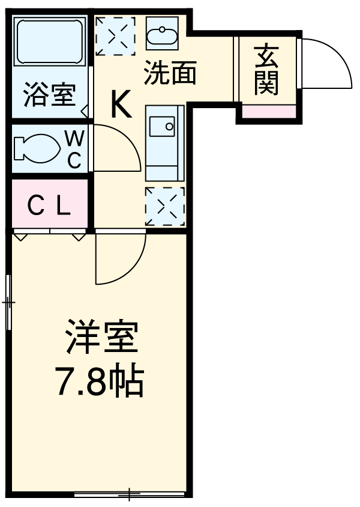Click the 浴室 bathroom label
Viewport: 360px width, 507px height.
tap(49, 96)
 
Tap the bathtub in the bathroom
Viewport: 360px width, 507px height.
tap(50, 41)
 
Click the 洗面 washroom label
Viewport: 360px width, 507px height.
tap(170, 73)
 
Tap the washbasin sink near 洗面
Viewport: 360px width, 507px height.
tap(162, 35)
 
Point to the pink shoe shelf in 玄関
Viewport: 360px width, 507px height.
tap(268, 111)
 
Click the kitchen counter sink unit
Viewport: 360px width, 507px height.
tap(164, 142)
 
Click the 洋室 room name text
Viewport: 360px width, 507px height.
tap(102, 339)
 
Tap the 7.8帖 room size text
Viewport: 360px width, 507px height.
tap(100, 380)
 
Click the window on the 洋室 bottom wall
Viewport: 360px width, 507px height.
tap(129, 495)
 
